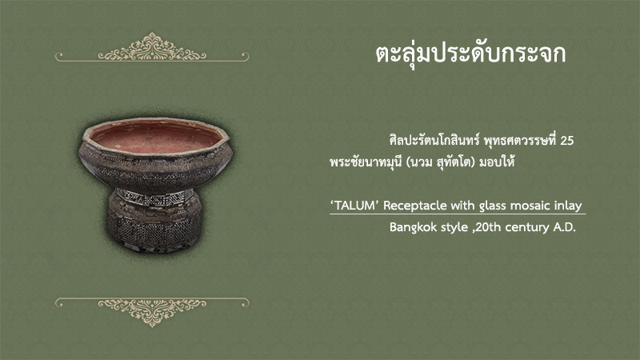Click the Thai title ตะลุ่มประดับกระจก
tap(470, 54)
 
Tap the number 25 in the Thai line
tap(567, 141)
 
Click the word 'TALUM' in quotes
tap(354, 206)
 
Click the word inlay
tap(568, 206)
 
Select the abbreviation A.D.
tap(564, 227)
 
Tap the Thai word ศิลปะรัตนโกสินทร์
tap(434, 140)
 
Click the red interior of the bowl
tap(157, 138)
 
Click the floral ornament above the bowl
tap(152, 47)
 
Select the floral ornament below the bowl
tap(152, 312)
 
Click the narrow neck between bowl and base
tap(154, 197)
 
